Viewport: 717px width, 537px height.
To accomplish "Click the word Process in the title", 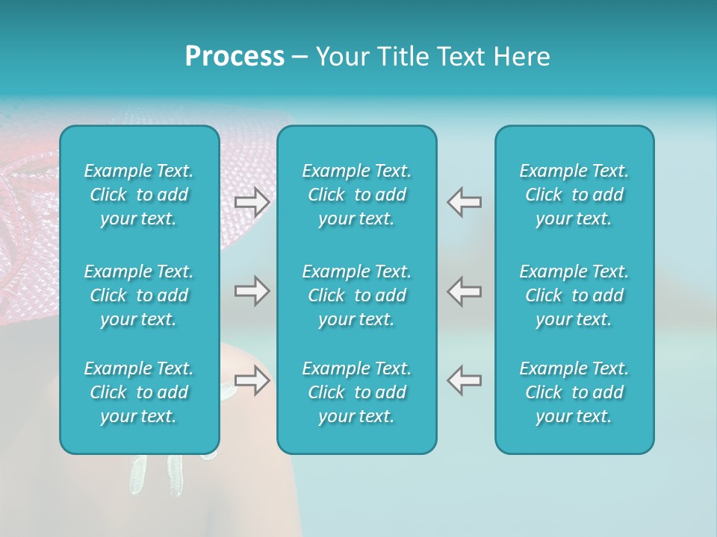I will [235, 57].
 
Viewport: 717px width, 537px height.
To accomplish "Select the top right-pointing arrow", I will [252, 202].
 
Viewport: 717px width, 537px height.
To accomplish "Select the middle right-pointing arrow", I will [252, 291].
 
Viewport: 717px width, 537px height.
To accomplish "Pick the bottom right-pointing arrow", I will [252, 380].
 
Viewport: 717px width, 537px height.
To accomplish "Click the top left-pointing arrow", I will [464, 202].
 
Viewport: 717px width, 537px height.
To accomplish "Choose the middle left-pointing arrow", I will [464, 291].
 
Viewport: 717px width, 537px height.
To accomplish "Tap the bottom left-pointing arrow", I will [464, 380].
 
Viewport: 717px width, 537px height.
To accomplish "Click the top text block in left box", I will [139, 195].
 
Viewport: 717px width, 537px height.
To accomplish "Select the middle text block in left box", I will [139, 295].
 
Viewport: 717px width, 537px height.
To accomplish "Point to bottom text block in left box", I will [139, 392].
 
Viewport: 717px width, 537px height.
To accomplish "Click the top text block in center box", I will [356, 195].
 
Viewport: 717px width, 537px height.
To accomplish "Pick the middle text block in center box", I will [356, 295].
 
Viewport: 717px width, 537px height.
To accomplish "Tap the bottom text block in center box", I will [356, 392].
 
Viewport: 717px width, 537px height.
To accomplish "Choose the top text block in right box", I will [574, 195].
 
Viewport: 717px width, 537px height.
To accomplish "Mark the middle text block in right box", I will [574, 295].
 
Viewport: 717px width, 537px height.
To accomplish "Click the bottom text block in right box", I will [574, 392].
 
